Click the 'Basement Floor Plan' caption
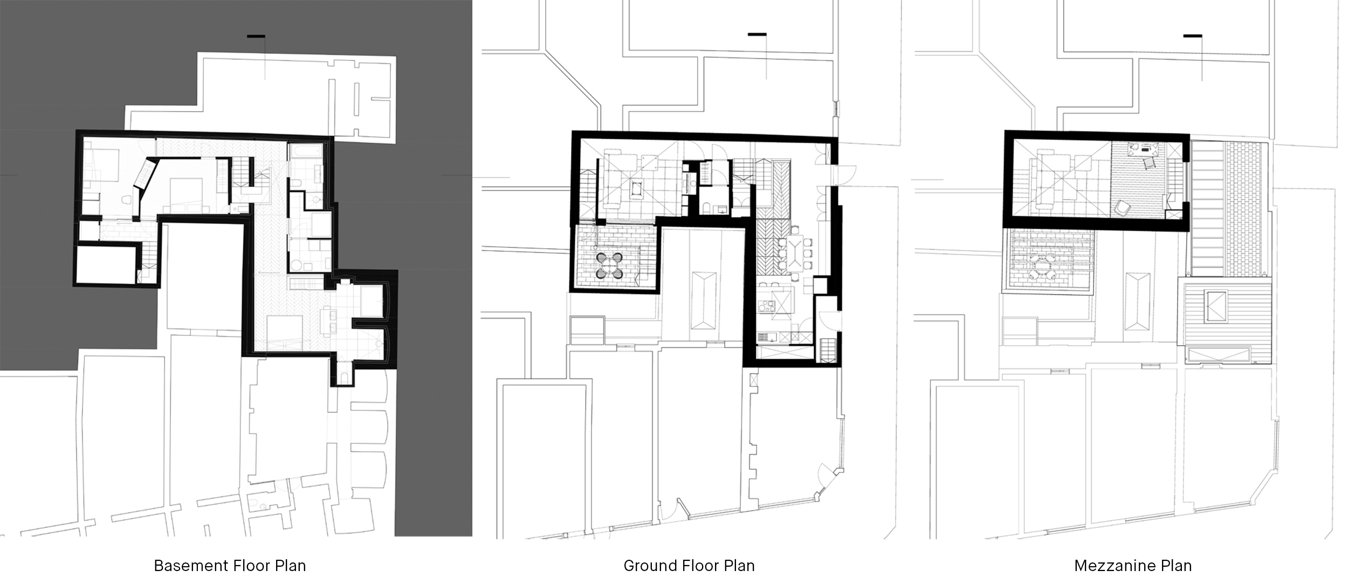(x=230, y=566)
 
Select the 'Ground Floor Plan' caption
(x=689, y=566)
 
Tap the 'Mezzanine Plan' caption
(x=1132, y=566)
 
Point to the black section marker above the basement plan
(x=256, y=36)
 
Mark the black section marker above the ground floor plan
(x=757, y=35)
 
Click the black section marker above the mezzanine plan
(x=1192, y=36)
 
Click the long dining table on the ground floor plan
(x=795, y=249)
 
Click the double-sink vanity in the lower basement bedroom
(x=328, y=320)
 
